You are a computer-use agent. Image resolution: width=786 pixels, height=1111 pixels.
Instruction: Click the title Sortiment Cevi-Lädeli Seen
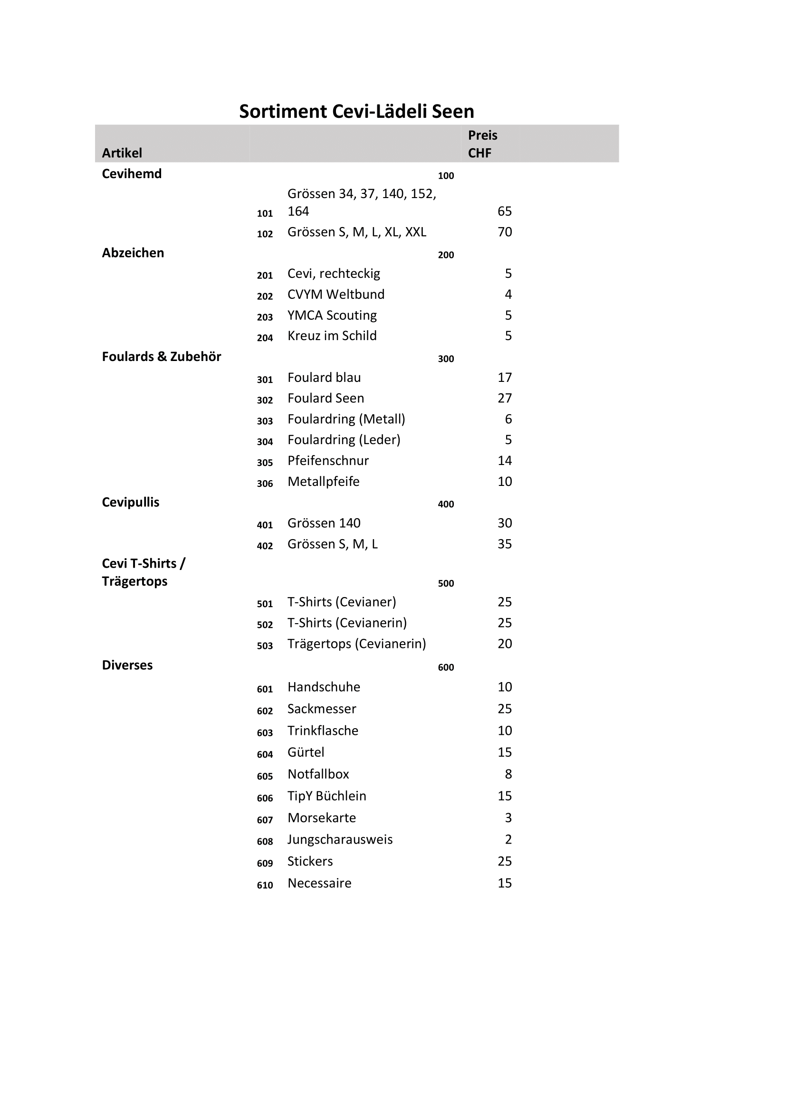coord(356,111)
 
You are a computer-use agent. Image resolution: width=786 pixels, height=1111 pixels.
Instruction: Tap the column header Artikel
coord(122,153)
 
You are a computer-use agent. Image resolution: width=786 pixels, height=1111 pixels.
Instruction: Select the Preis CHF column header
coord(482,144)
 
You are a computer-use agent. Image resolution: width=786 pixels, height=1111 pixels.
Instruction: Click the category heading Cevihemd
coord(132,174)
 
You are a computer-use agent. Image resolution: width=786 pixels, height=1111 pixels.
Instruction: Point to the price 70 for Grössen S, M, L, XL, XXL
coord(504,232)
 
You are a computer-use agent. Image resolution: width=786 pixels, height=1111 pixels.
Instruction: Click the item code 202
coord(265,296)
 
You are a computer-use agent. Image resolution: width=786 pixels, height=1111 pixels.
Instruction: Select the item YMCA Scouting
coord(332,315)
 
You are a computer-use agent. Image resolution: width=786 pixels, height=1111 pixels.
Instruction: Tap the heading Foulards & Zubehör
coord(161,357)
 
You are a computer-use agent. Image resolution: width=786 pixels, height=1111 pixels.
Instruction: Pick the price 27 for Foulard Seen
coord(504,398)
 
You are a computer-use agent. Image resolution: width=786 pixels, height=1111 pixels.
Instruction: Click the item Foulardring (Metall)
coord(346,419)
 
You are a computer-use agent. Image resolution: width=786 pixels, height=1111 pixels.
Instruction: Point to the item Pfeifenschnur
coord(328,461)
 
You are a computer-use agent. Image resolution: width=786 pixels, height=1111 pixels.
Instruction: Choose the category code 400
coord(446,504)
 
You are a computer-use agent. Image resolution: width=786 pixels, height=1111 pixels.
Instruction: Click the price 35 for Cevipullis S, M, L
coord(504,544)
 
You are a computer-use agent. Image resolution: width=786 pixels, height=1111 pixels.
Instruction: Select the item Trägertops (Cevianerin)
coord(357,644)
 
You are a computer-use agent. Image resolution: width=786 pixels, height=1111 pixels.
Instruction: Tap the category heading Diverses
coord(127,665)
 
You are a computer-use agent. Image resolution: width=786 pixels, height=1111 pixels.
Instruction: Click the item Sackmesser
coord(321,709)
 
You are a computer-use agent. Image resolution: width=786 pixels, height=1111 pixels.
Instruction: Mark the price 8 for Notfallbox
coord(508,774)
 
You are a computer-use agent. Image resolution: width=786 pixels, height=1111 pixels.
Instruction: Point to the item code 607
coord(265,820)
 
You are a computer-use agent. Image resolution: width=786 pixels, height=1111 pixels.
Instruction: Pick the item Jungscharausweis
coord(340,839)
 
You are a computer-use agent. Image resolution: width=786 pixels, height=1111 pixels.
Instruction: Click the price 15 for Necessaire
coord(504,883)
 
